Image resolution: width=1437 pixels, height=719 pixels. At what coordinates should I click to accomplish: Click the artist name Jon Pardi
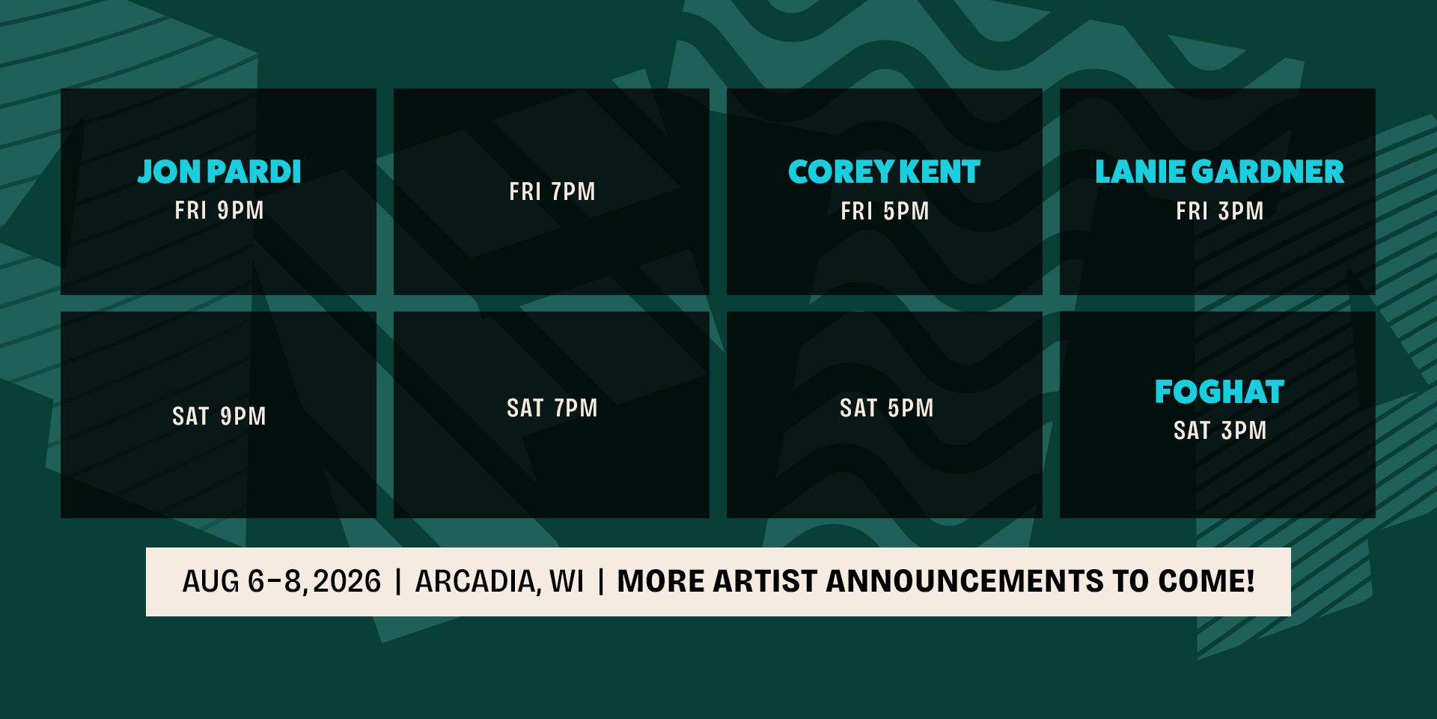219,172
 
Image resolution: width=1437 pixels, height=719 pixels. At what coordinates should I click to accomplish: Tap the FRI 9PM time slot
219,210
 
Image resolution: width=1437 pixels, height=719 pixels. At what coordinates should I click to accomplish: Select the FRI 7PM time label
552,192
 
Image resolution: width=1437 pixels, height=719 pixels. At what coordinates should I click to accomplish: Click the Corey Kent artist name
884,172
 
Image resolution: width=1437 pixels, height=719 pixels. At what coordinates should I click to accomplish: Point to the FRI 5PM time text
885,211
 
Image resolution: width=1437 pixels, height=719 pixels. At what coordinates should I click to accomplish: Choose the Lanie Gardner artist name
1219,172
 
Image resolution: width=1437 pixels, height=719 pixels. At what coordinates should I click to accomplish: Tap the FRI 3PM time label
1220,211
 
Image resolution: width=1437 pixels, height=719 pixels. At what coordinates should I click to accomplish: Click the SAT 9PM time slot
219,416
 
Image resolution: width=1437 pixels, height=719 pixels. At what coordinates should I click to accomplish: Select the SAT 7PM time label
552,408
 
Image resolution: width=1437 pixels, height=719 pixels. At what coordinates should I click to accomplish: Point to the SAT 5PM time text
887,408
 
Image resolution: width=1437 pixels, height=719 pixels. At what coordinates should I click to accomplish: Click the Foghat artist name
1219,392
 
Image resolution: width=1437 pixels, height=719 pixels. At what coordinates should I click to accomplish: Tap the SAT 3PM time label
1220,431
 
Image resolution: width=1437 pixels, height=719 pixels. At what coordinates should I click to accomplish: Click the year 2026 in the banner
347,582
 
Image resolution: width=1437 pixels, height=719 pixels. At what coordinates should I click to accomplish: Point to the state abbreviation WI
567,582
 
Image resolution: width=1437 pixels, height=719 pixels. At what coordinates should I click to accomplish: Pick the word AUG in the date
211,582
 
